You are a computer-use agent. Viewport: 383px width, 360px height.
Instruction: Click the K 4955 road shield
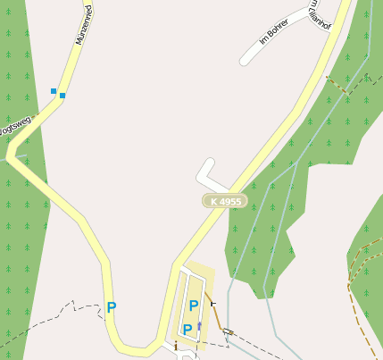tap(223, 202)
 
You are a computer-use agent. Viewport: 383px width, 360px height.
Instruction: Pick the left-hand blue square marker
tap(54, 91)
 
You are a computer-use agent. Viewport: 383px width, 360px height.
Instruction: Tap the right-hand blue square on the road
tap(62, 95)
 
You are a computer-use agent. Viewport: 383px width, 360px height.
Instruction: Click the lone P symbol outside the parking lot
tap(112, 307)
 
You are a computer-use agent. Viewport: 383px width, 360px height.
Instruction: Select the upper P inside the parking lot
tap(193, 306)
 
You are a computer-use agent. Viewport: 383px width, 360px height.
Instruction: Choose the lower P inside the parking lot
tap(187, 330)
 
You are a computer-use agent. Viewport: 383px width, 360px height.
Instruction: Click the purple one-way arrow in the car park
tap(200, 325)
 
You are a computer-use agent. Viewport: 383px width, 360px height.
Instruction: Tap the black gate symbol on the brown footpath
tap(212, 305)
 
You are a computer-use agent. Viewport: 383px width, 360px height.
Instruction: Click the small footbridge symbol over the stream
tap(229, 332)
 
